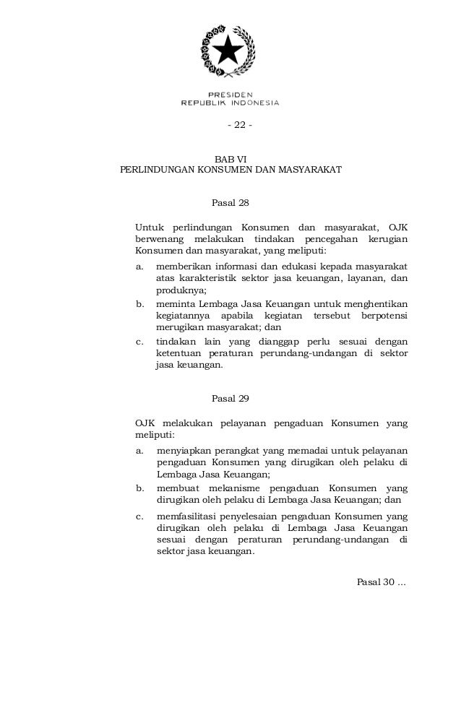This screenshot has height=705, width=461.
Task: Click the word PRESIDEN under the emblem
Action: [x=230, y=94]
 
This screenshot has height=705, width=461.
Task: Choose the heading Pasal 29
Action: [x=230, y=398]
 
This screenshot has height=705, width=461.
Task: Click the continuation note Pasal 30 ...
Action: [x=382, y=582]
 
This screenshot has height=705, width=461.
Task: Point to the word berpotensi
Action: [x=383, y=316]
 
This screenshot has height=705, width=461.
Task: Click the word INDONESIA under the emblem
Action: [x=250, y=103]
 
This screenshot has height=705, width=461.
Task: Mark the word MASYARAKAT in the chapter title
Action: [x=303, y=173]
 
